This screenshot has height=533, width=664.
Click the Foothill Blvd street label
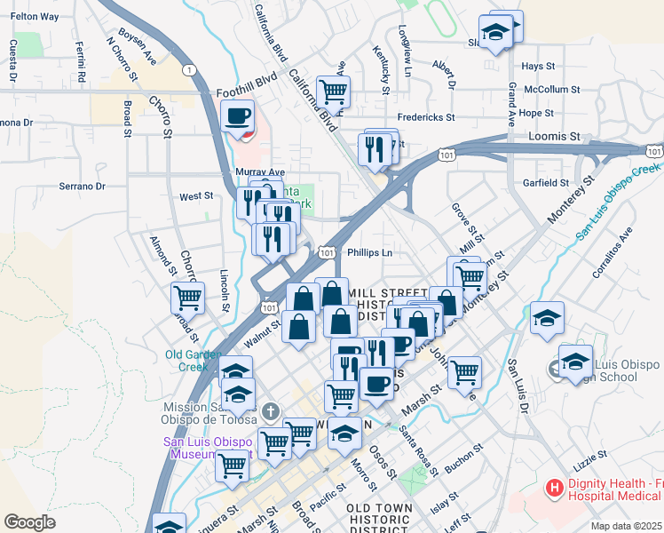click(x=247, y=91)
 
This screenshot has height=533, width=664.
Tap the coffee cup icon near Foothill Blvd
click(x=238, y=115)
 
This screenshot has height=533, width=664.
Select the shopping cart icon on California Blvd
click(x=333, y=91)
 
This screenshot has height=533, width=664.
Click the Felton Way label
click(x=35, y=17)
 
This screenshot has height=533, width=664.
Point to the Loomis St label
click(x=556, y=138)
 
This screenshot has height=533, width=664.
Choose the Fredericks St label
click(x=425, y=116)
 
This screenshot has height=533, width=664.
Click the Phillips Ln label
click(x=370, y=253)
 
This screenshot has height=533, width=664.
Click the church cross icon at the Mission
click(x=270, y=411)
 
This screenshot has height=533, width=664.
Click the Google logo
click(x=29, y=521)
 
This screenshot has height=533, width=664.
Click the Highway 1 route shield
click(x=188, y=69)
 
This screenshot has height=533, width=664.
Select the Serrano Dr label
click(x=82, y=187)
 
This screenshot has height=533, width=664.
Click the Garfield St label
click(x=546, y=183)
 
